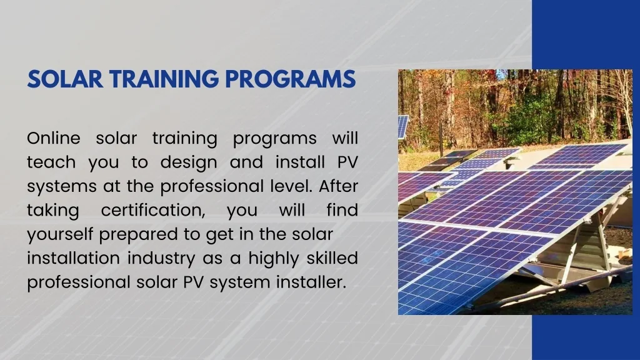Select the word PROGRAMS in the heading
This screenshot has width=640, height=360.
(291, 79)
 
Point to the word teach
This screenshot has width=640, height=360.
(51, 162)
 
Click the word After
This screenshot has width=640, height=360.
(339, 186)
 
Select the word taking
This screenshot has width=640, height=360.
(52, 211)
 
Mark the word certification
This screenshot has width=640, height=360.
(154, 211)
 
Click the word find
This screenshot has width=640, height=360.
(342, 211)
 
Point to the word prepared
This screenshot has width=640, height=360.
(148, 234)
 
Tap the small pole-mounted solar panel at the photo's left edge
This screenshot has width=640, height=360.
(402, 126)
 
